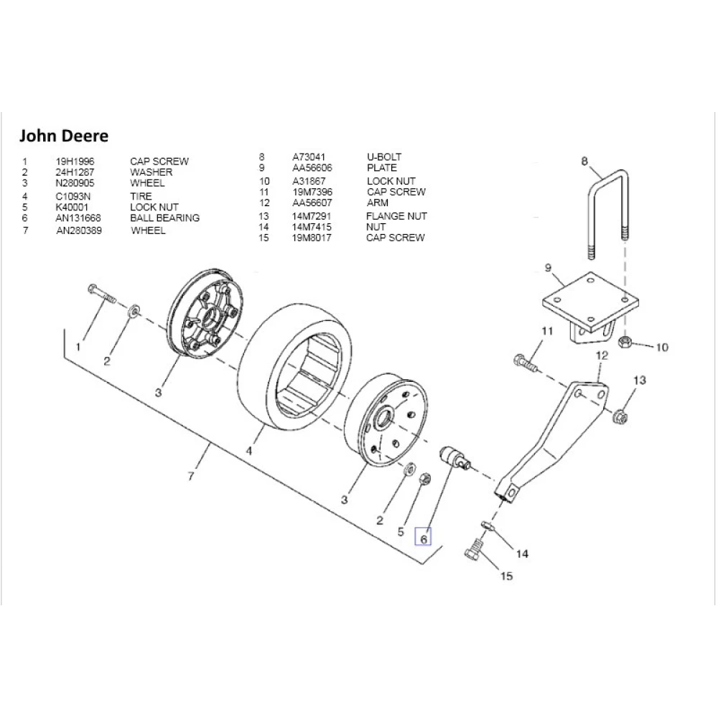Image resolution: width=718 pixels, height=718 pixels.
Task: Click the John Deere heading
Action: coord(63,136)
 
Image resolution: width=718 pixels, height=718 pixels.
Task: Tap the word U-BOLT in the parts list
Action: coord(384,157)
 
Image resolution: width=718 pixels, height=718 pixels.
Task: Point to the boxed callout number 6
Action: coord(424,537)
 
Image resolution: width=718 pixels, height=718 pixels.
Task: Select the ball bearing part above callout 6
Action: coord(454,458)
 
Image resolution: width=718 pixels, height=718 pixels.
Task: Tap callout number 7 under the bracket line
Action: coord(190,477)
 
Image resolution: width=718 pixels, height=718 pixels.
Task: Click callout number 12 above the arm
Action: coord(602,355)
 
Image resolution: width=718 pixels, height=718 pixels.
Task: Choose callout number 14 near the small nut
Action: coord(522,554)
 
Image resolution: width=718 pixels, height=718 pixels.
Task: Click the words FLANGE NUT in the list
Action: coord(396,215)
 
